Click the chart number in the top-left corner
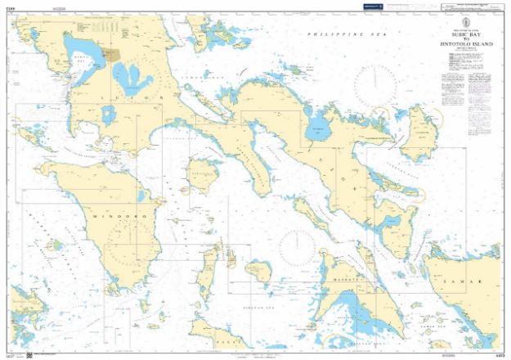coord(11,7)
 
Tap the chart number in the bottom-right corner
coord(500,353)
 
